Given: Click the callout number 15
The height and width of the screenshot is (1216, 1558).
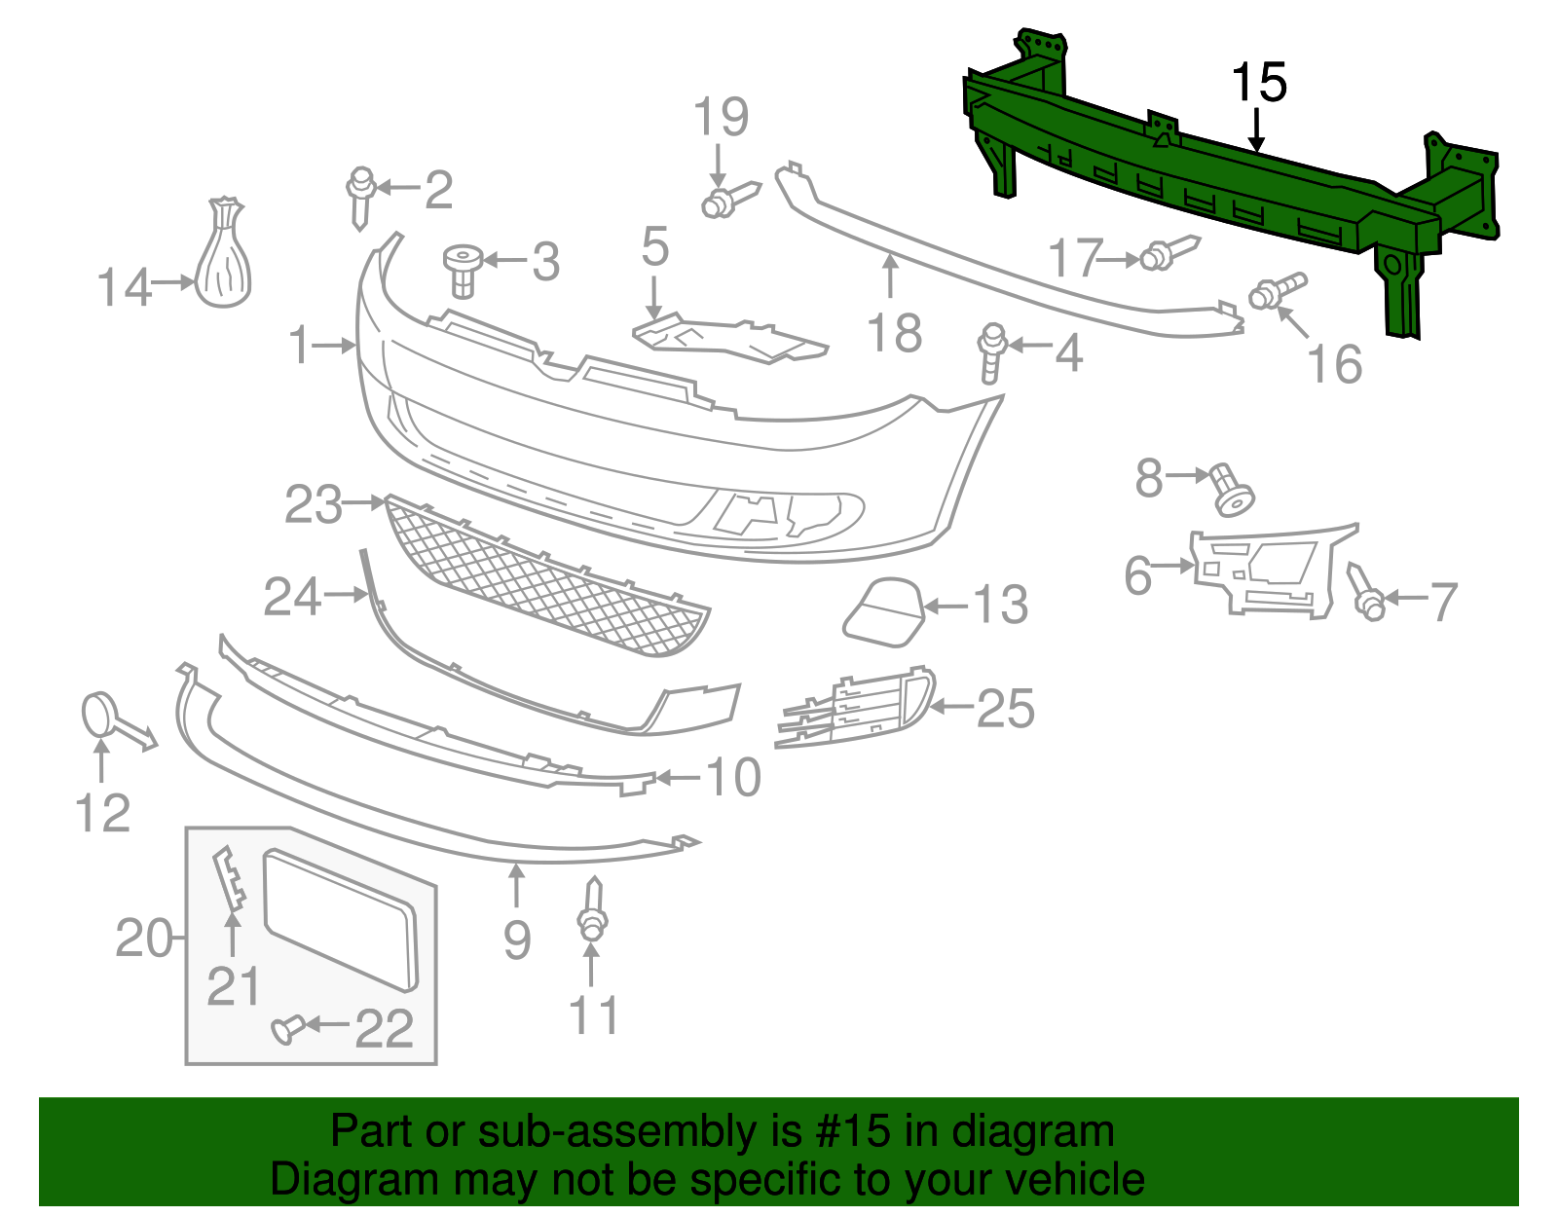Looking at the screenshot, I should point(1258,83).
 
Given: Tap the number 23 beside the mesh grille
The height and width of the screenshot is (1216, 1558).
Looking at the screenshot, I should point(313,505).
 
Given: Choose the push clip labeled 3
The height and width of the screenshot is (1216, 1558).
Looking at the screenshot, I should point(464,268).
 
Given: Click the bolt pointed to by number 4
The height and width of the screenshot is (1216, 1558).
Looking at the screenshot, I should point(991,352).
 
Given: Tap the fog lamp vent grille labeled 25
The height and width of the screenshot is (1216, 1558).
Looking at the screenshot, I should point(857,708).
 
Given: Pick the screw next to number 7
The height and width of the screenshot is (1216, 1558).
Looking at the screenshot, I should point(1365,593).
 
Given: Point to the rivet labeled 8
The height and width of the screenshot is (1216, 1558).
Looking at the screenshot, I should point(1230,489).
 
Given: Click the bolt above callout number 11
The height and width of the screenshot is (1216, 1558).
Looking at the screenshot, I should point(592,911).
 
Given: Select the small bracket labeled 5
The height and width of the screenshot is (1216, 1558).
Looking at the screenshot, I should point(730,336).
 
